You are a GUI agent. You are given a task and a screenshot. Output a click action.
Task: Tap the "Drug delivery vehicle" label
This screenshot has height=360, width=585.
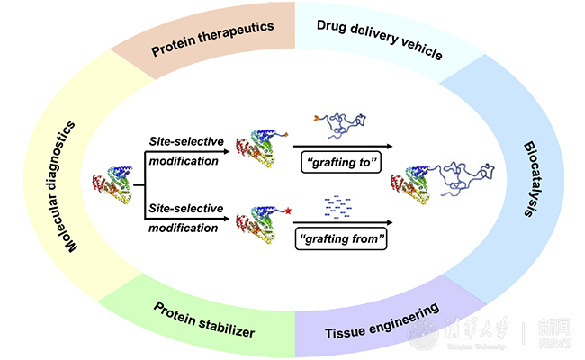coord(380,37)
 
